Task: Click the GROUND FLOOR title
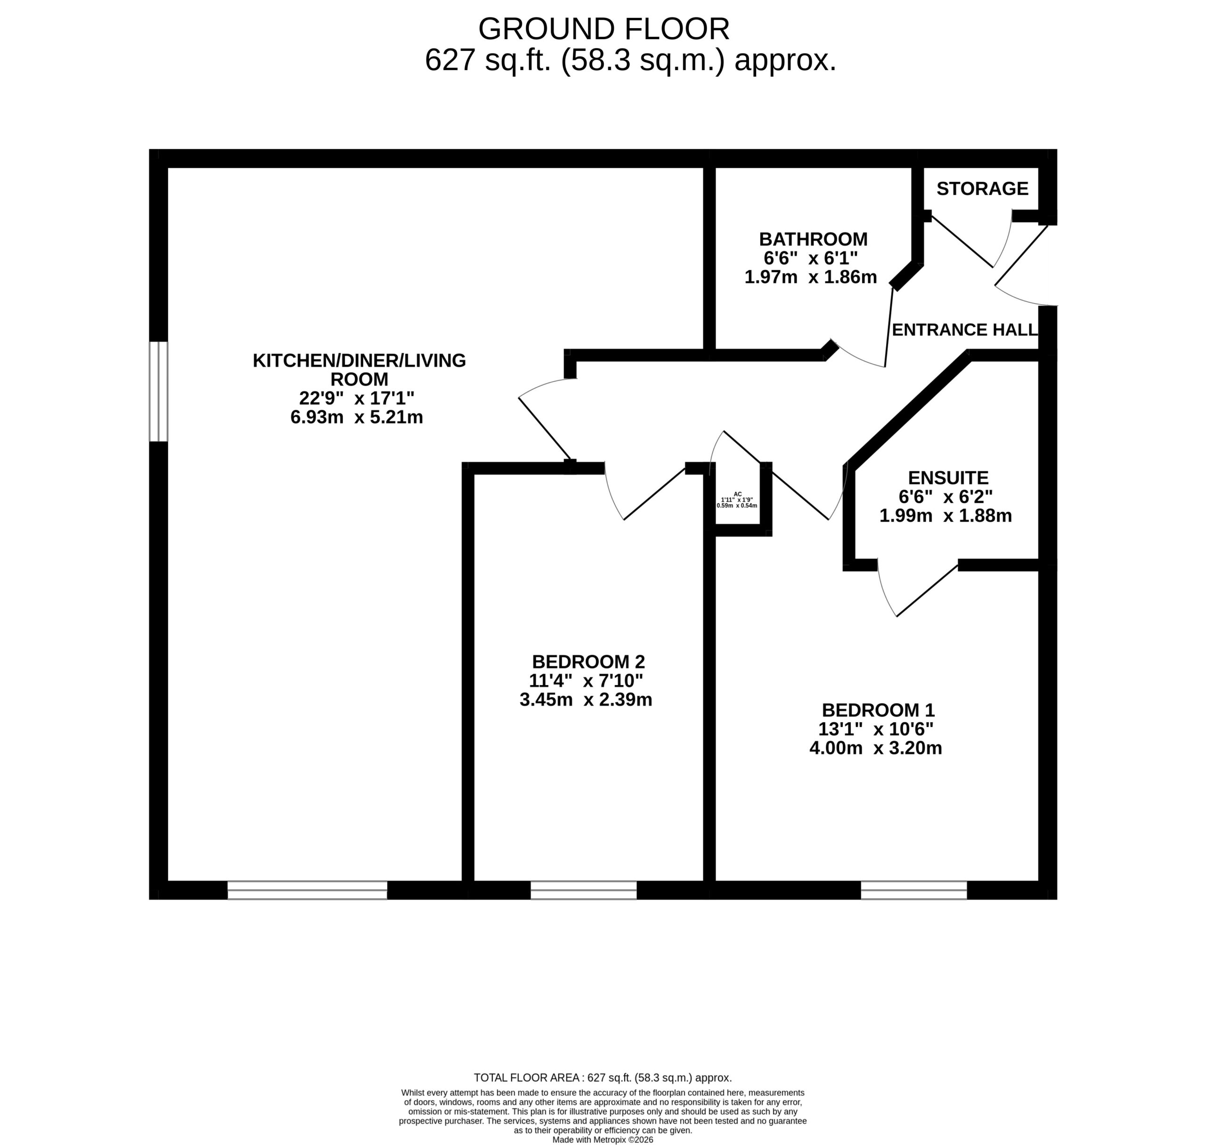click(x=603, y=29)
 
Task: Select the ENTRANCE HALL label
click(x=965, y=330)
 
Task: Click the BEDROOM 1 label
click(x=878, y=710)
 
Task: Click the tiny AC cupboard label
click(x=738, y=494)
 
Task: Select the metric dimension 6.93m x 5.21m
click(x=357, y=418)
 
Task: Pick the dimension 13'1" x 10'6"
click(x=876, y=729)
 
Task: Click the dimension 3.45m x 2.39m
click(x=586, y=700)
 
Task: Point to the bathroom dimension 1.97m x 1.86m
click(x=810, y=277)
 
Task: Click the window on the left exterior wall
click(x=159, y=391)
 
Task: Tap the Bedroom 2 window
click(x=583, y=890)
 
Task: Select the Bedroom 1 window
click(x=913, y=890)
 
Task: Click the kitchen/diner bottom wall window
click(x=307, y=890)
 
